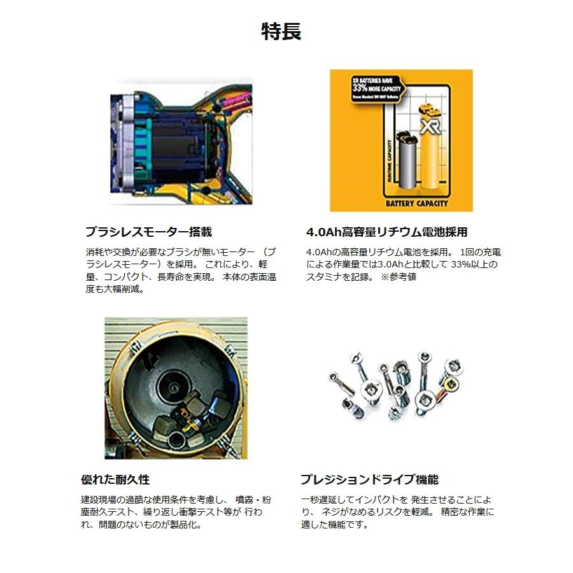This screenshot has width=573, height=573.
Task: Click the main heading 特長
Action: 281,31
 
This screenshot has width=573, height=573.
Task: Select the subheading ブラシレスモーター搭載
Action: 148,232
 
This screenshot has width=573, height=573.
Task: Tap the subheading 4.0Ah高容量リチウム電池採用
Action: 386,232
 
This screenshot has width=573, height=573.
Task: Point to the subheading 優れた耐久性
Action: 115,479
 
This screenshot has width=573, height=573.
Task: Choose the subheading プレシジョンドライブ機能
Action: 369,479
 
